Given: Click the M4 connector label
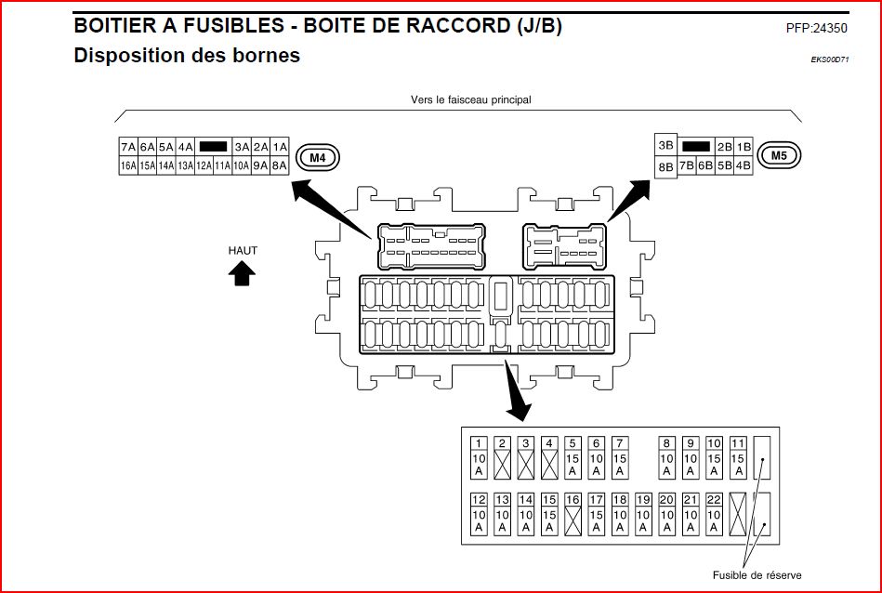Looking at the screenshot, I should point(318,157).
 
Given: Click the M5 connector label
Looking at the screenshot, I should point(779,155).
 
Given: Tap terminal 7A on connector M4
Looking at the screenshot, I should point(127,147).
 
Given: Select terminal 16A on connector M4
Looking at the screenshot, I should point(127,165).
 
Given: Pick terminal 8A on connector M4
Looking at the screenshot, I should point(280,165).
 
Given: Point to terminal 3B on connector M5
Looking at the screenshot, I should point(665,146).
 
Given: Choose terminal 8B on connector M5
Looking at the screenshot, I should point(665,167).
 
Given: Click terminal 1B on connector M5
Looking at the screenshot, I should point(744,147).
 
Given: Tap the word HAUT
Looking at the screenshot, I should point(243,250).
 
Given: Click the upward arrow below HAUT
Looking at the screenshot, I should point(243,272).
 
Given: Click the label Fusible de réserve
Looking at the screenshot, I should point(757,574).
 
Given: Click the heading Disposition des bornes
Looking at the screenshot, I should point(187,56).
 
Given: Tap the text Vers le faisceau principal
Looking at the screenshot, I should point(470,99).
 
